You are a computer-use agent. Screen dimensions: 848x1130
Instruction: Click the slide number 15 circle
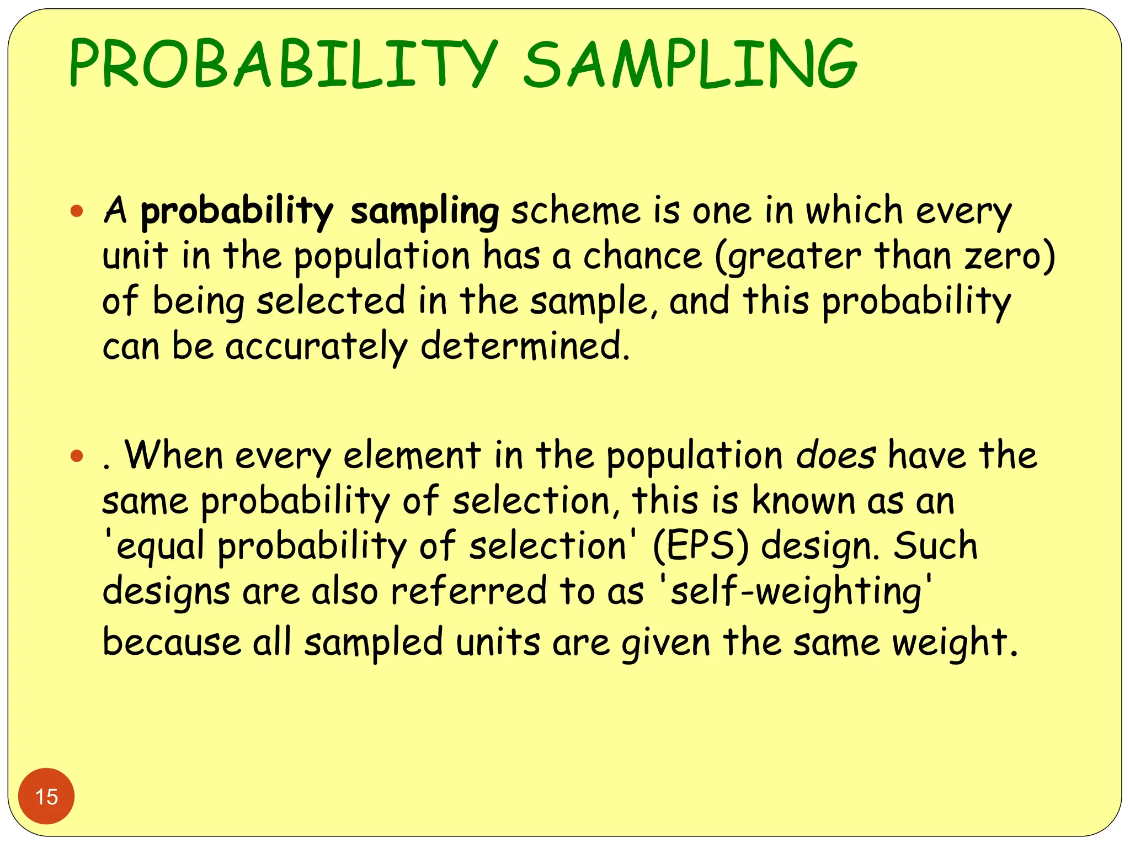pos(46,797)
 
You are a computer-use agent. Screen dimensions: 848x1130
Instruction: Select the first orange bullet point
pos(77,211)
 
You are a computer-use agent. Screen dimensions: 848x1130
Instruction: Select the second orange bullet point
pos(77,456)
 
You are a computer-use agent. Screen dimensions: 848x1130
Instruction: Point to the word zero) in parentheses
pos(1010,257)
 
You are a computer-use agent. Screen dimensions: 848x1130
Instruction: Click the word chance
pos(642,257)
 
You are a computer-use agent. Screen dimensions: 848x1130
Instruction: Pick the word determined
pos(524,347)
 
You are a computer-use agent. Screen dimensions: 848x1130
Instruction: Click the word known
pos(803,501)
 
